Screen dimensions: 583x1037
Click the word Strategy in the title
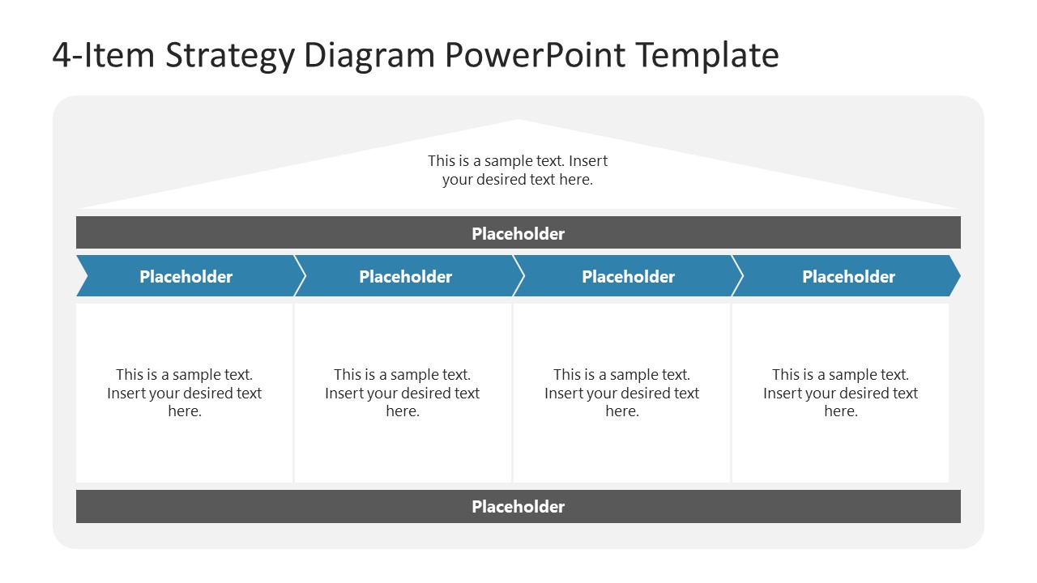click(229, 56)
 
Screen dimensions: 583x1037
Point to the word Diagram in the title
click(370, 56)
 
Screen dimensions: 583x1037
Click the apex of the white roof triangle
click(518, 121)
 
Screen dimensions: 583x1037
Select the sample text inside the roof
click(518, 170)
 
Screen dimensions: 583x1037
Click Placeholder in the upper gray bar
click(518, 233)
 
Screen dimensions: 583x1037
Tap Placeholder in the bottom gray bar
click(518, 506)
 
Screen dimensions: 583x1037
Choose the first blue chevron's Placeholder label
click(186, 276)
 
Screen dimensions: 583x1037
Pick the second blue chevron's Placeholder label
click(405, 276)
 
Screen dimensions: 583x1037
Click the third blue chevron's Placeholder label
click(628, 276)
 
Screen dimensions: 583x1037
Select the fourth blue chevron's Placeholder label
click(848, 276)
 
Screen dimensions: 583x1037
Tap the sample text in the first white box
click(184, 393)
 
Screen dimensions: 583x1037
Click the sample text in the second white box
click(402, 393)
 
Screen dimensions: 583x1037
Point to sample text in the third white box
click(621, 393)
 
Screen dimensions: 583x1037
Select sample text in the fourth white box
click(840, 393)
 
